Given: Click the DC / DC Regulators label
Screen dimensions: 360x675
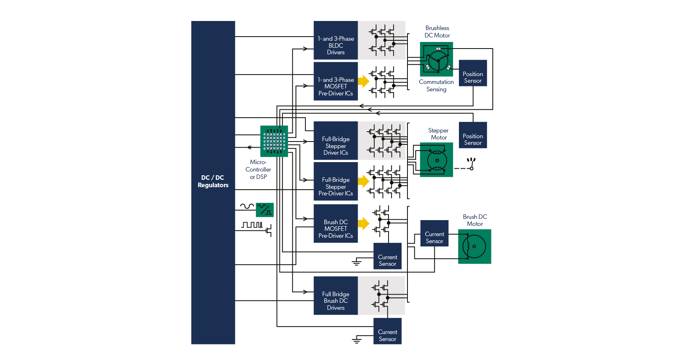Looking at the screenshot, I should click(x=213, y=181).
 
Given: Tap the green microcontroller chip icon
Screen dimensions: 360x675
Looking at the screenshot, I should click(x=274, y=141).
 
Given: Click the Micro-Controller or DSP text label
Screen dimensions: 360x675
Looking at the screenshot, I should click(x=258, y=170).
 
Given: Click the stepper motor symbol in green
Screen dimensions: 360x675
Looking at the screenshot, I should click(x=436, y=160).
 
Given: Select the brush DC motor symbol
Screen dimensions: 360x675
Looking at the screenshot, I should click(x=475, y=246).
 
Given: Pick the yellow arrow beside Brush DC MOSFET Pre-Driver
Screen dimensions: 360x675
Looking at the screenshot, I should click(x=364, y=223).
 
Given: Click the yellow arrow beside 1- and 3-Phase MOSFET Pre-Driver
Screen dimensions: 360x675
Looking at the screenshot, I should click(x=364, y=81).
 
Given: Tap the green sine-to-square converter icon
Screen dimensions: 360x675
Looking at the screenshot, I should click(x=265, y=210).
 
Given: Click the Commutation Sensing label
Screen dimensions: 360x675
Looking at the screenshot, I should click(x=436, y=86).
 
